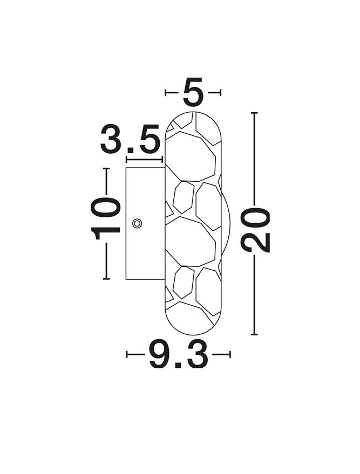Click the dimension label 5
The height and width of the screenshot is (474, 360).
(193, 93)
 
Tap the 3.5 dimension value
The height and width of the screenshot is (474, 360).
(131, 140)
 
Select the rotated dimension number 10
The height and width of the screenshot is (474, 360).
(106, 218)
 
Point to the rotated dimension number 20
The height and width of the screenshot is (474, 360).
(256, 230)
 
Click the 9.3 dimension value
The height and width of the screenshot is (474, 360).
(178, 355)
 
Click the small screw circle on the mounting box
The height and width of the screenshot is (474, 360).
(137, 223)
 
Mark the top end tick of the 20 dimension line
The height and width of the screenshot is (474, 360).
(254, 113)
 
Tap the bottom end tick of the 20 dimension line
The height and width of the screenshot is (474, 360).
(254, 334)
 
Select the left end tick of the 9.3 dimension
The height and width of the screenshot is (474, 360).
(127, 354)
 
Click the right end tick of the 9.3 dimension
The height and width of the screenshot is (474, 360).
(230, 354)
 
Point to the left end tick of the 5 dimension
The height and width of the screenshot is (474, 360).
(166, 93)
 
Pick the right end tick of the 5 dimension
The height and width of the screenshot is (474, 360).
(221, 93)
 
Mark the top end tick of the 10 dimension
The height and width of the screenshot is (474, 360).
(106, 168)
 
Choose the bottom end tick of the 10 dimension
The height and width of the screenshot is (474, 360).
(106, 278)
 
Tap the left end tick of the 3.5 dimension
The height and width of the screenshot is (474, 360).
(126, 160)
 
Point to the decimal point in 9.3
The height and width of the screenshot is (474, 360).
(179, 365)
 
